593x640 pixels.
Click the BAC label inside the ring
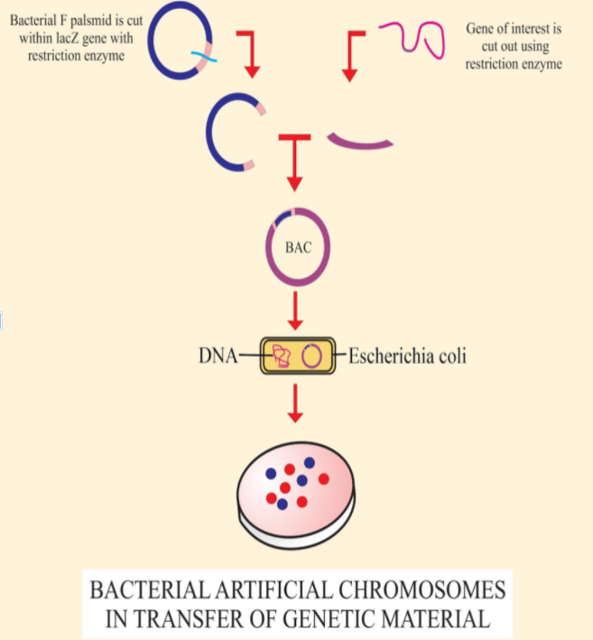coord(298,247)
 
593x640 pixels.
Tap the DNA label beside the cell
coord(218,356)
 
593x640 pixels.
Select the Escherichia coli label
coord(407,356)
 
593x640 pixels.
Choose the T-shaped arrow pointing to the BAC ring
coord(294,162)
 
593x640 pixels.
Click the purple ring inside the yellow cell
coord(312,357)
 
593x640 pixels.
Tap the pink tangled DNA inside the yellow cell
coord(281,357)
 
